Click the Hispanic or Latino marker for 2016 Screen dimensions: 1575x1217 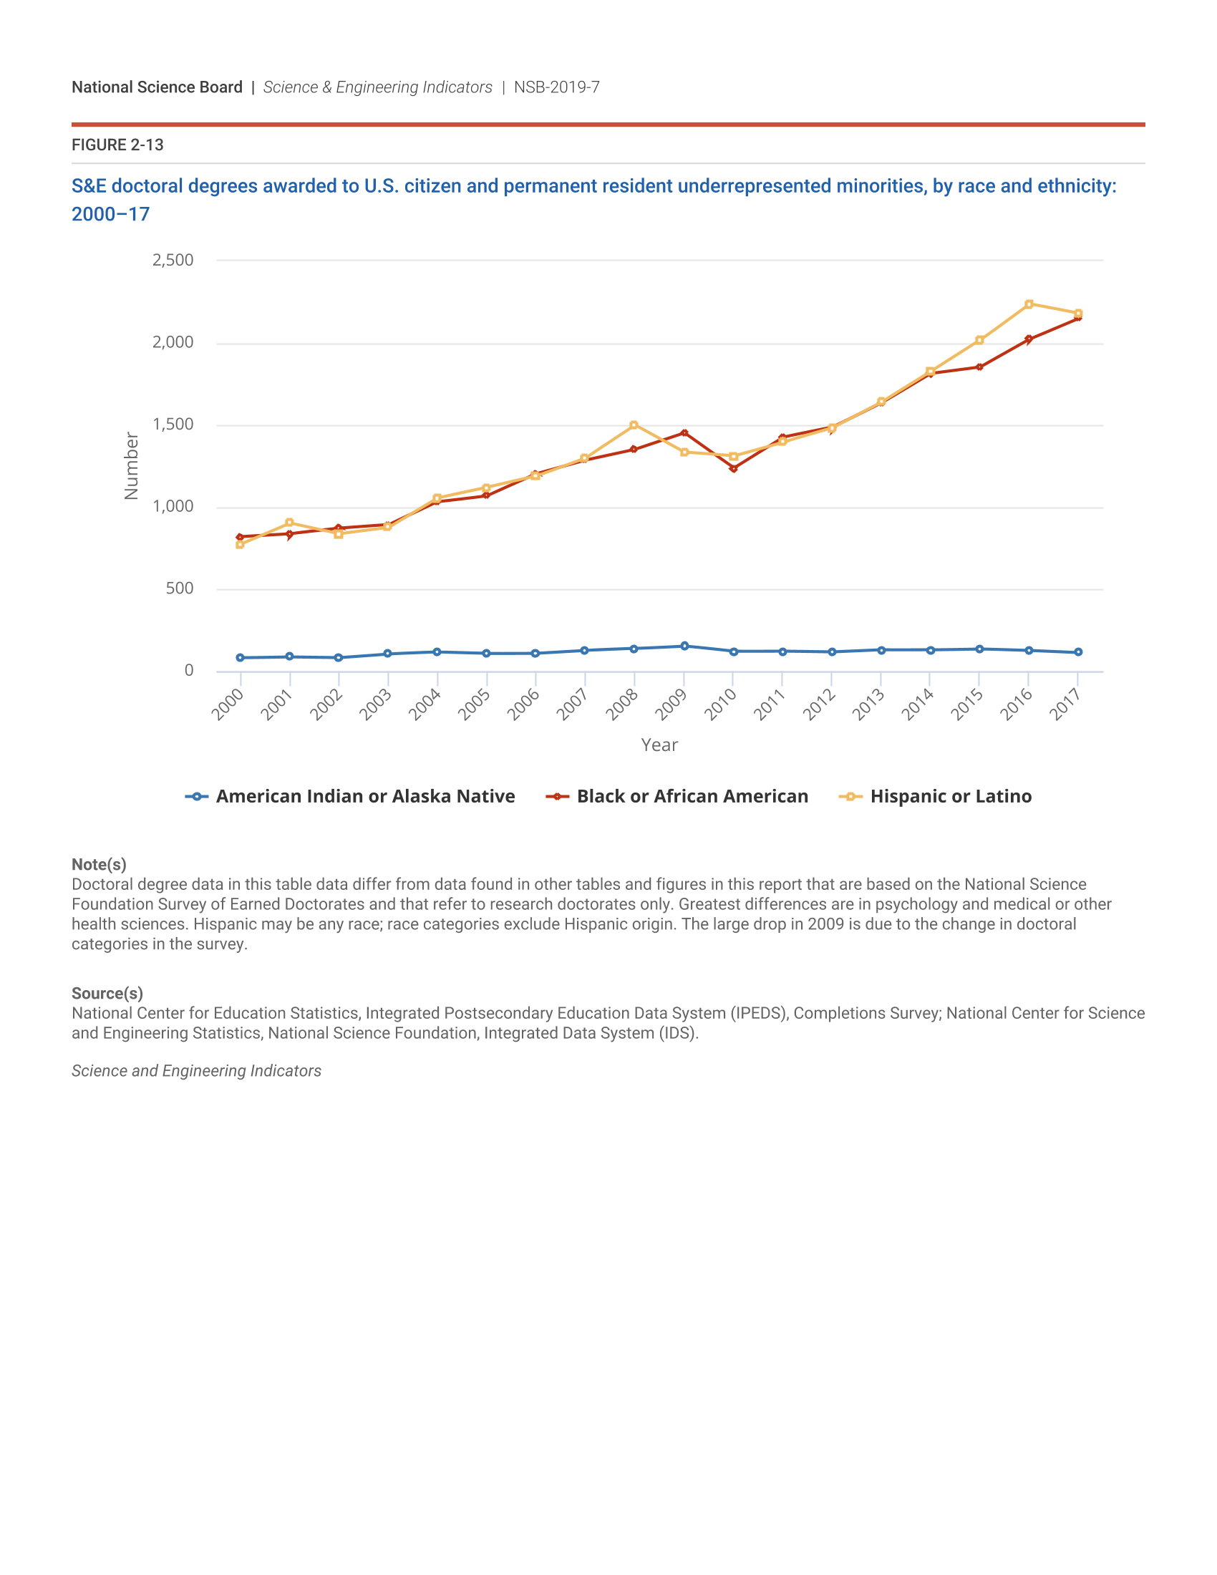tap(1029, 304)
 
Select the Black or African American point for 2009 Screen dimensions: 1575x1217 tap(684, 433)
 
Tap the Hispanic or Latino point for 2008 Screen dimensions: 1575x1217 tap(634, 425)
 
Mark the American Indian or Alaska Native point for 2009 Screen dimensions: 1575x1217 tap(684, 646)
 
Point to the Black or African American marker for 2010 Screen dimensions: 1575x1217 tap(733, 469)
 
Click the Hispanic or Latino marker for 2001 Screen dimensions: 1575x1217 tap(289, 522)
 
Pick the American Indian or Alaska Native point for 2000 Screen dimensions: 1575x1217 tap(240, 658)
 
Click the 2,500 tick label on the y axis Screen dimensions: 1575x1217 tap(173, 261)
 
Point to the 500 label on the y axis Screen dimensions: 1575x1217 tap(180, 588)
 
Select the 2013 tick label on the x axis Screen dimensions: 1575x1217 tap(869, 704)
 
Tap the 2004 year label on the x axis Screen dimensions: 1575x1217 tap(425, 704)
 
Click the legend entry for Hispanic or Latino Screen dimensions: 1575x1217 tap(950, 796)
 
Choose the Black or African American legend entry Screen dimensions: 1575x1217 tap(692, 796)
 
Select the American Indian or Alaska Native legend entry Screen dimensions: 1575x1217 tap(365, 796)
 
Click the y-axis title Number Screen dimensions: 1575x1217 tap(131, 466)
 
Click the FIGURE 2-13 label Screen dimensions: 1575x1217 tap(117, 145)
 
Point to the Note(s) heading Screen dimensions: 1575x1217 tap(99, 865)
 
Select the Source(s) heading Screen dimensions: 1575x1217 tap(107, 993)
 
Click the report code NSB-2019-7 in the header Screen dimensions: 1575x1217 tap(556, 87)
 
